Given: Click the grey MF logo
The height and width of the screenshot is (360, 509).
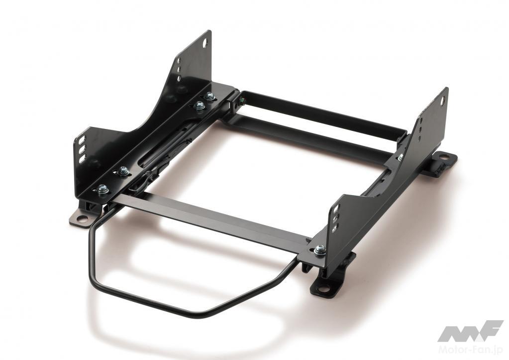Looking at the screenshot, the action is point(470,331).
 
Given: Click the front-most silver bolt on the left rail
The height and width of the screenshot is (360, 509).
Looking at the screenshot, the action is point(102,189).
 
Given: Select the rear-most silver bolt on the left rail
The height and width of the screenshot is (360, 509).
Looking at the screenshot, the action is point(209,96).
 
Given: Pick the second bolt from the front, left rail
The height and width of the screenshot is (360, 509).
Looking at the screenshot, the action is point(123,171).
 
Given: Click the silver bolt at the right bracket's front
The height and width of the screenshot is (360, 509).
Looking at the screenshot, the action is point(320,250).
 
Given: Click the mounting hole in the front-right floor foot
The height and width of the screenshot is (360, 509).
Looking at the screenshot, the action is point(323,289).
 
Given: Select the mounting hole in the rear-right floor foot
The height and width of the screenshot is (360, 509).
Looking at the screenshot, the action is point(443,158).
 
